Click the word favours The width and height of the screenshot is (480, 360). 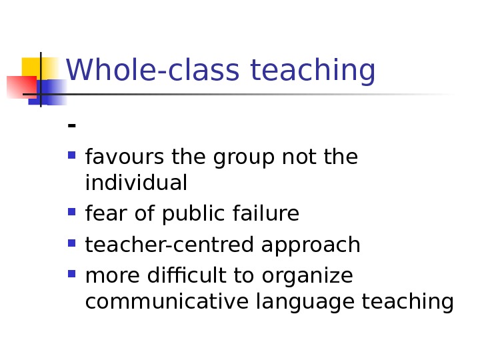click(x=125, y=158)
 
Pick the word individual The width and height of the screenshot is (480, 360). click(x=136, y=183)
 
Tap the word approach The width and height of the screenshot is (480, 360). click(x=311, y=246)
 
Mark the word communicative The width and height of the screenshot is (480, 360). click(x=167, y=302)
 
